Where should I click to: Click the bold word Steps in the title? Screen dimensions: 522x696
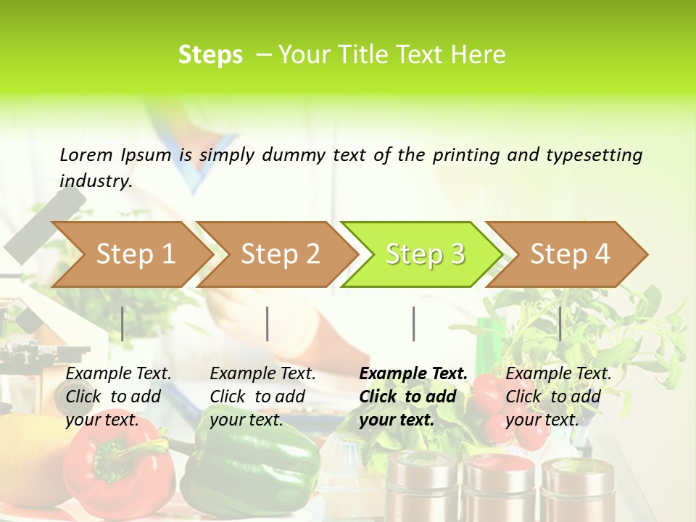(210, 55)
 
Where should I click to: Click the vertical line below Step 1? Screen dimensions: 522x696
(123, 323)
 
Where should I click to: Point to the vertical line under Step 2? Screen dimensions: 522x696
(268, 323)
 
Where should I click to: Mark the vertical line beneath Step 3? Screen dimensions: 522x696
(413, 323)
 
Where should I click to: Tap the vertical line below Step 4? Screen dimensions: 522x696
(560, 323)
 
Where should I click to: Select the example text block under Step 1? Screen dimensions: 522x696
(118, 397)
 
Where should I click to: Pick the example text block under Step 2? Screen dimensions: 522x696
(262, 397)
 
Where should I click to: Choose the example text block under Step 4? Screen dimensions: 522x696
(558, 397)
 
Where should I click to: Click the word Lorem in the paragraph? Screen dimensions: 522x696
(86, 154)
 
